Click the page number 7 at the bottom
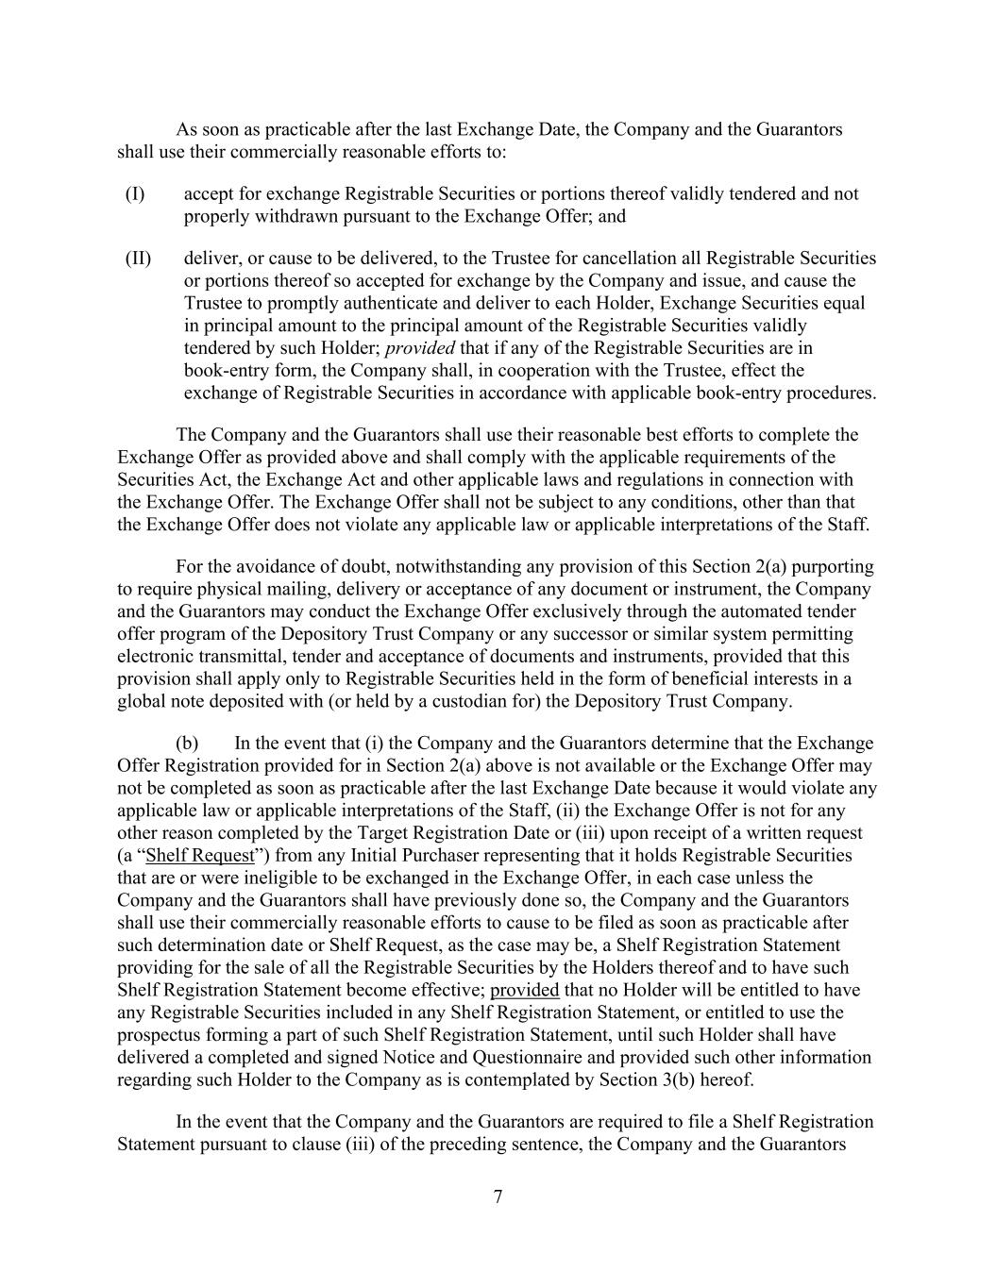(x=498, y=1197)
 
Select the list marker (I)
(x=135, y=194)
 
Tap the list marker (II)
(x=138, y=259)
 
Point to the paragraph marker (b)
(x=187, y=744)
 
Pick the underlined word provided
(x=525, y=991)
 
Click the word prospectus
(x=160, y=1036)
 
